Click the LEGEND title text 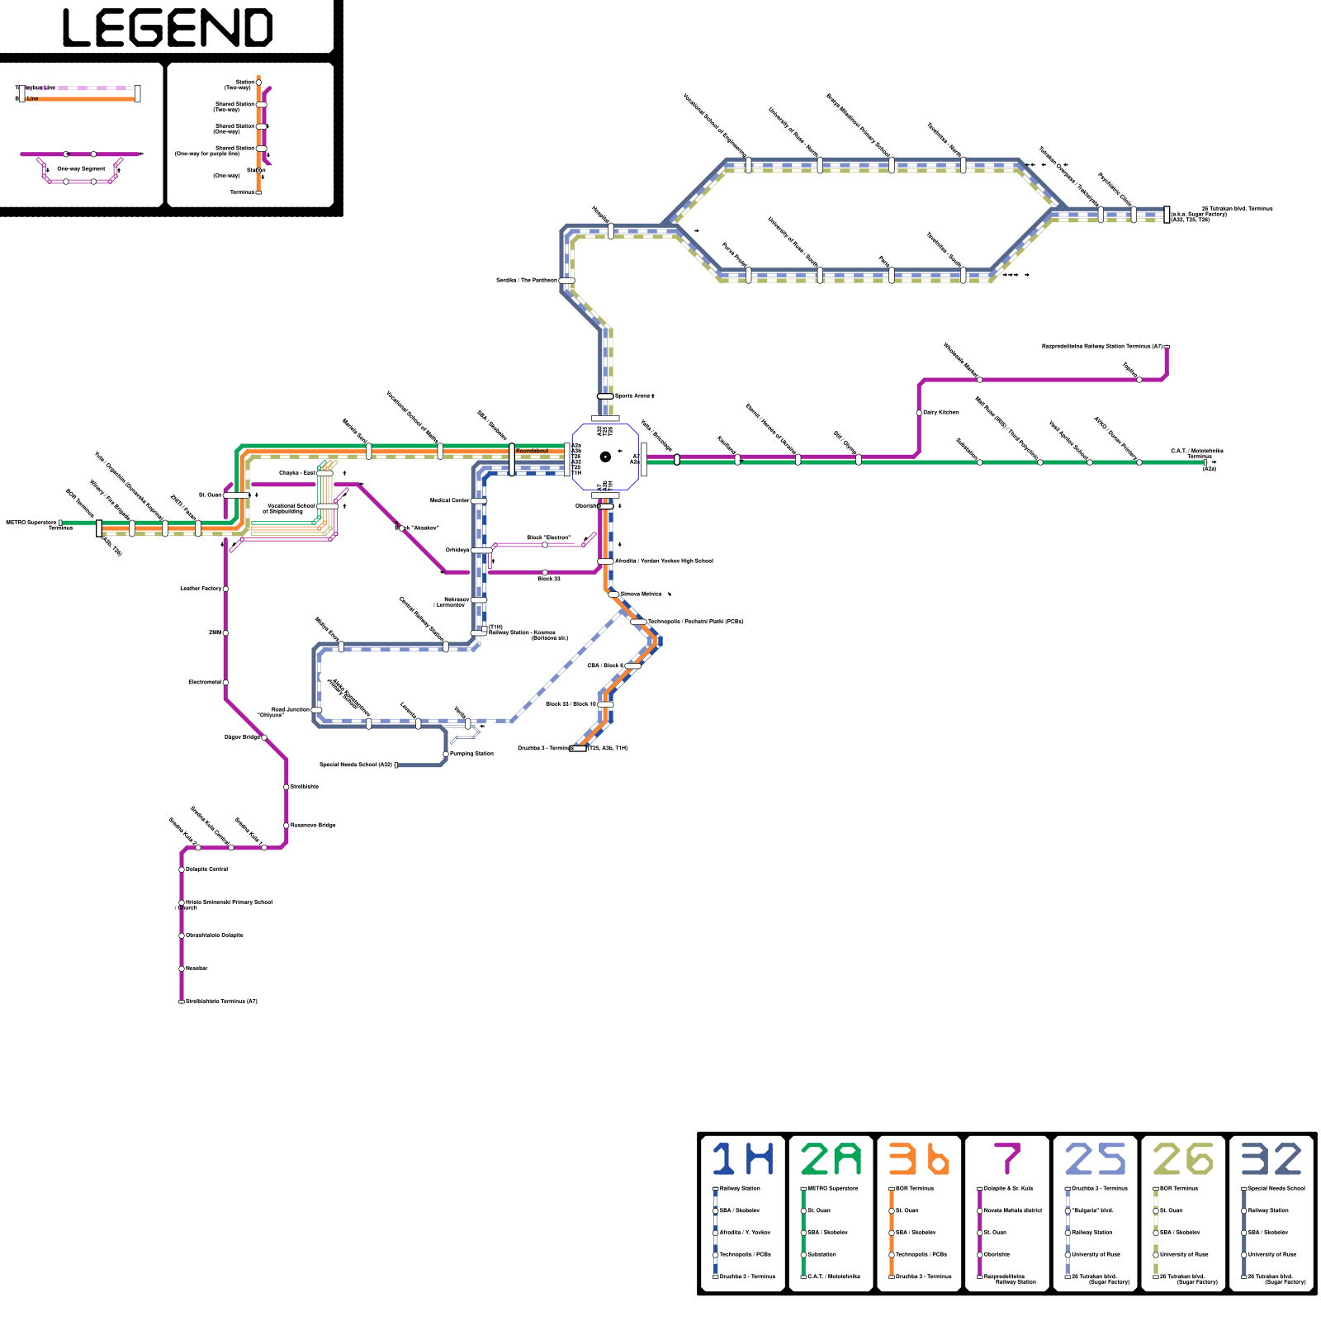pos(168,28)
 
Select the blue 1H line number pos(742,1159)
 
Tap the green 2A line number pos(831,1159)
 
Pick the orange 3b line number pos(918,1159)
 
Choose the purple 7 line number pos(1007,1159)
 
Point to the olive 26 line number pos(1182,1159)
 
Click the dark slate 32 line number pos(1271,1159)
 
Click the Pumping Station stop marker pos(446,754)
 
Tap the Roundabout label pos(532,451)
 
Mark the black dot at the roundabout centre pos(605,457)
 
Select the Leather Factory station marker pos(225,589)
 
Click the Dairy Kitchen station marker pos(919,413)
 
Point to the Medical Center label pos(450,500)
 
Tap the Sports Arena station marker pos(605,396)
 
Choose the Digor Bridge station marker pos(264,737)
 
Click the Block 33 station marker pos(545,572)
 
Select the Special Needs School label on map pos(356,765)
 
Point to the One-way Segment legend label pos(81,168)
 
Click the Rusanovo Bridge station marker pos(286,826)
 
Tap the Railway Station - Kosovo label pos(522,632)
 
